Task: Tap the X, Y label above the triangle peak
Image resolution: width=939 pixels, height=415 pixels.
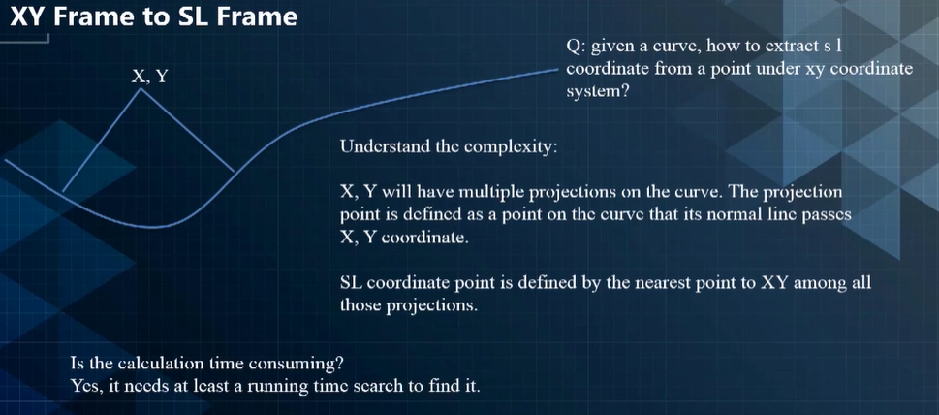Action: pos(148,77)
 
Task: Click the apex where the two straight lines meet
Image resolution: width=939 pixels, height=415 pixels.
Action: pos(141,89)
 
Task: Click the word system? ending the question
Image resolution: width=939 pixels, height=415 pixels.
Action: pos(597,93)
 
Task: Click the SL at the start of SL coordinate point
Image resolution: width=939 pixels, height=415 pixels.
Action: pos(349,283)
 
